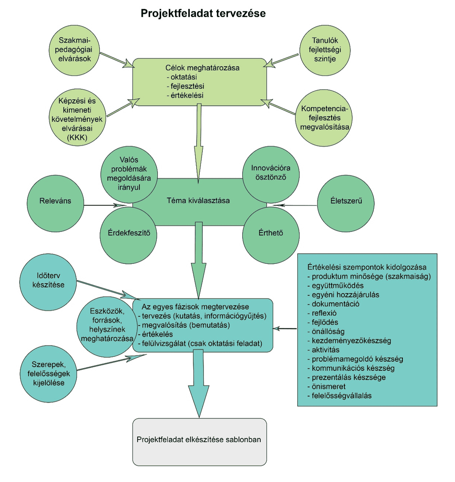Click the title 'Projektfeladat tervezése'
[x=203, y=13]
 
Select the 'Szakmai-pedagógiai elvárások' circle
[x=74, y=50]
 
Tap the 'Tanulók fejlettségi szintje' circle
[x=325, y=50]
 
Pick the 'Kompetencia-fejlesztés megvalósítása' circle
[x=324, y=118]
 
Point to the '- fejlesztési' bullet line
[x=186, y=86]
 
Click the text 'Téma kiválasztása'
[x=198, y=201]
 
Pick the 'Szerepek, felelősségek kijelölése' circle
[x=48, y=374]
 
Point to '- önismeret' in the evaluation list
[x=324, y=386]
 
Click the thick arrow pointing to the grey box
[x=199, y=385]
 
